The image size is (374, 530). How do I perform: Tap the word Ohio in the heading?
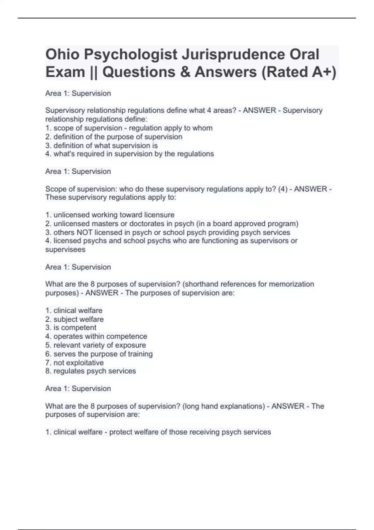(x=62, y=55)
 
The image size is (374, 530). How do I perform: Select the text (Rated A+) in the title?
(x=299, y=72)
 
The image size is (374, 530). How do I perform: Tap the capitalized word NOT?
(x=84, y=233)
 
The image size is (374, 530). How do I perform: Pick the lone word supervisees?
(x=65, y=250)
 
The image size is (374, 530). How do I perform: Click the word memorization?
(x=291, y=284)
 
